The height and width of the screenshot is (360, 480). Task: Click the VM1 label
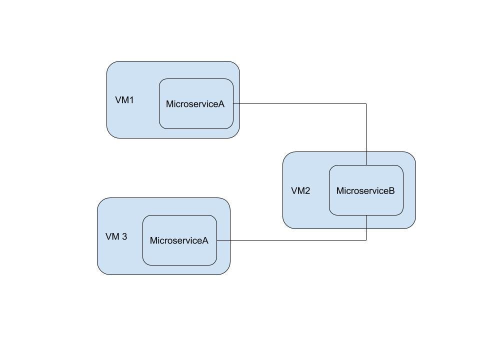click(124, 100)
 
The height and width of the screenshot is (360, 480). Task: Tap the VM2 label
click(300, 191)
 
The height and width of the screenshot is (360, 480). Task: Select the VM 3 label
click(116, 236)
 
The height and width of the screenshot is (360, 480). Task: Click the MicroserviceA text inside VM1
click(195, 104)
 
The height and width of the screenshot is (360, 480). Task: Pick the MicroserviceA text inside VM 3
click(179, 240)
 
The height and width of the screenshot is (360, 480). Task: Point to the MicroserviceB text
click(365, 190)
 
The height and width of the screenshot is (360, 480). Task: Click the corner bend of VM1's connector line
click(366, 104)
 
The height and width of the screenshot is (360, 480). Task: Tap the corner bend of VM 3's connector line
click(366, 240)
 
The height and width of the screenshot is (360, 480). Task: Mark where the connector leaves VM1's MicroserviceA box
click(233, 104)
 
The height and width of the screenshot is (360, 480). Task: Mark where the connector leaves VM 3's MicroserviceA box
click(217, 240)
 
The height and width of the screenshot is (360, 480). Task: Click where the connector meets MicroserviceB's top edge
click(366, 165)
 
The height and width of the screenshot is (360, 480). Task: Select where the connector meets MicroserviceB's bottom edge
click(366, 215)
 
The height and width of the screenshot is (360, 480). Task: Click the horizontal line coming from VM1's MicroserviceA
click(300, 104)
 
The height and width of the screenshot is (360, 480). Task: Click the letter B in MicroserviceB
click(391, 190)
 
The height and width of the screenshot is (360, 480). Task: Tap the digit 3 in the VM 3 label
click(124, 236)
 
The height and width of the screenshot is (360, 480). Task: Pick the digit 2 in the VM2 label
click(307, 191)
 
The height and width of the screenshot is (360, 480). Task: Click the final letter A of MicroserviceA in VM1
click(221, 104)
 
